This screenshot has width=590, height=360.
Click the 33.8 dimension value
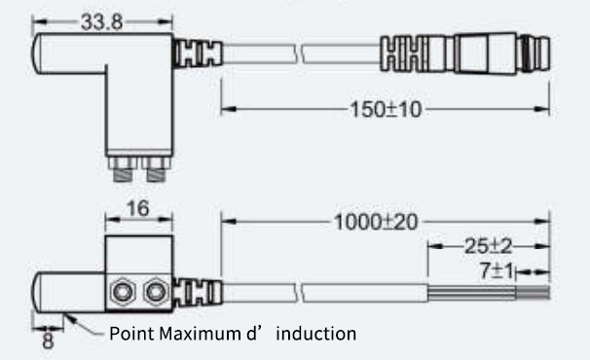pyautogui.click(x=101, y=21)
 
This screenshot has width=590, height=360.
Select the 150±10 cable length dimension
pyautogui.click(x=386, y=110)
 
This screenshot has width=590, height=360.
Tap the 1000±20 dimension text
pyautogui.click(x=376, y=222)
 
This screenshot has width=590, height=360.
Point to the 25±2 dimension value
pyautogui.click(x=489, y=246)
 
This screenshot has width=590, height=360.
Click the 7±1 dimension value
pyautogui.click(x=497, y=270)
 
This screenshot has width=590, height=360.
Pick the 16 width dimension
pyautogui.click(x=137, y=208)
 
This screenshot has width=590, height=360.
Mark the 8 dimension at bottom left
pyautogui.click(x=48, y=341)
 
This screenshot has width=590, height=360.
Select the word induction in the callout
pyautogui.click(x=316, y=334)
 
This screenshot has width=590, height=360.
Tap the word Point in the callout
pyautogui.click(x=132, y=334)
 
